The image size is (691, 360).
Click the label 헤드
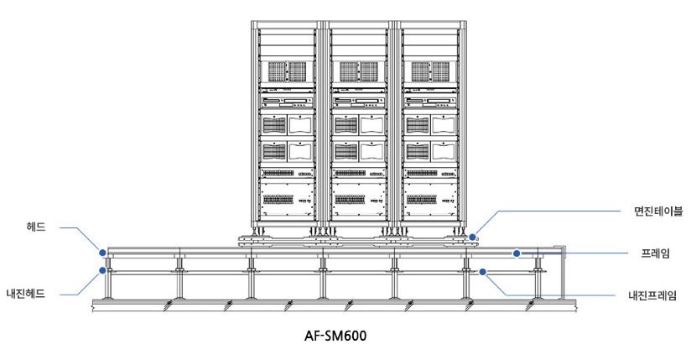(x=36, y=227)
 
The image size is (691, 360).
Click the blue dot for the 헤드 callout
(x=101, y=251)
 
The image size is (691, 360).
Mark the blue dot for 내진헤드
(x=101, y=270)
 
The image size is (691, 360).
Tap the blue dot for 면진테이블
(x=474, y=237)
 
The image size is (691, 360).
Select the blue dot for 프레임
(x=517, y=252)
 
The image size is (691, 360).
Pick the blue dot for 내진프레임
(x=483, y=271)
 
